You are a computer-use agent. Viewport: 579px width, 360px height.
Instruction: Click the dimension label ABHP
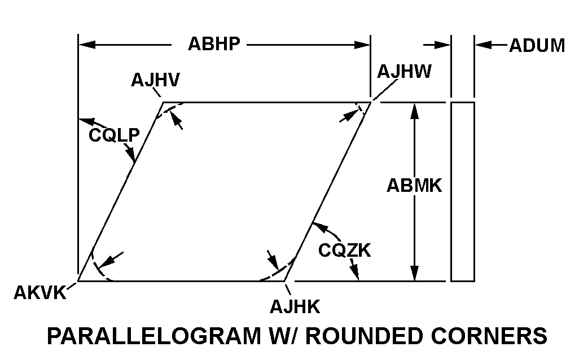point(214,45)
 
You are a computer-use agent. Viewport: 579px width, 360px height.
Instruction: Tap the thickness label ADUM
point(537,46)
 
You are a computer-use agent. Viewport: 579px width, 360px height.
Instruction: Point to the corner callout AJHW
point(405,72)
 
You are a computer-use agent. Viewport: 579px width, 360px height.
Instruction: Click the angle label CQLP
point(114,135)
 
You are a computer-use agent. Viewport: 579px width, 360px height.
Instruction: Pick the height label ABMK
point(414,186)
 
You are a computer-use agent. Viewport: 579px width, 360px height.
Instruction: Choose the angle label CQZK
point(344,249)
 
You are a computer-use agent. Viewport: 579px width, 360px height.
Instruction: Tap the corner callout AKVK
point(39,293)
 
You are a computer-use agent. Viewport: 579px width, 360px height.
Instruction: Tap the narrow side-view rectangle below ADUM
point(462,191)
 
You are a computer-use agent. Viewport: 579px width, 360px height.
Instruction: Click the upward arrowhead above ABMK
point(415,110)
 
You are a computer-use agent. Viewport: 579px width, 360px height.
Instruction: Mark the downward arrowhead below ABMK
point(415,273)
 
